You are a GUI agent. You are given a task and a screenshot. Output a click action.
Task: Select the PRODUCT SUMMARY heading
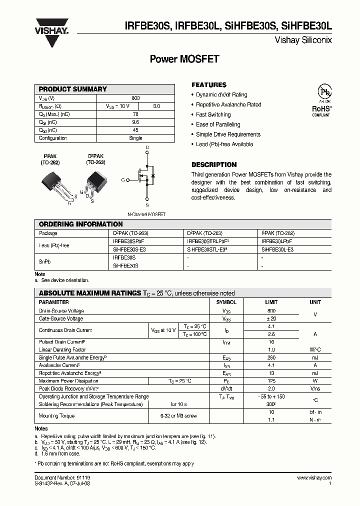72,89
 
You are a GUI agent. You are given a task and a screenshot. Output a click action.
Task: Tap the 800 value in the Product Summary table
135,98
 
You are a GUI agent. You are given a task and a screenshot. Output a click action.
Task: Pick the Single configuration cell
135,138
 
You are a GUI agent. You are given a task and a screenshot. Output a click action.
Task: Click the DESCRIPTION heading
214,164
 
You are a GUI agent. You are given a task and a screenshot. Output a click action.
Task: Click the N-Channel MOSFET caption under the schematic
146,214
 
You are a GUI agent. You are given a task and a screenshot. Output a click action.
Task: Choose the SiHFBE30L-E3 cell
277,249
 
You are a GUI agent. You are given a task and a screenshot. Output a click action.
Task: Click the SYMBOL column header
226,302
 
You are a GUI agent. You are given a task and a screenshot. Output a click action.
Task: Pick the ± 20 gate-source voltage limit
271,318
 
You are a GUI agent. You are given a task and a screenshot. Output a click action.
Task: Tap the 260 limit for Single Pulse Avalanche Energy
271,358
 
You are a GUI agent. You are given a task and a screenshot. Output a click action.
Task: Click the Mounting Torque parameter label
56,415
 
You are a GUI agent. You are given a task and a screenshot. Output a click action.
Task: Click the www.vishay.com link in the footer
314,478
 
